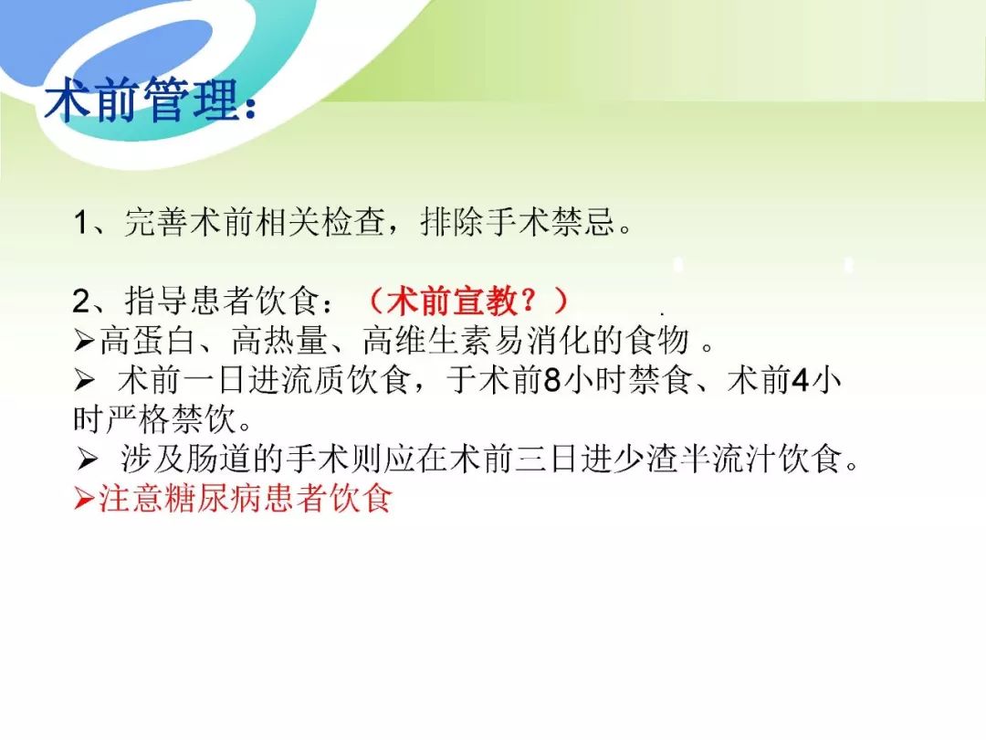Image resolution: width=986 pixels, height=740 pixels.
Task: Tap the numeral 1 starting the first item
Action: (81, 223)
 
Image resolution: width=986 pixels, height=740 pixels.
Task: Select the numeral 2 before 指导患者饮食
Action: (82, 301)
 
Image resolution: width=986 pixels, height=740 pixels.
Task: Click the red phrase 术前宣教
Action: (453, 301)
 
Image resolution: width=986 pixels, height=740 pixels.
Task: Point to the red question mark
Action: (532, 301)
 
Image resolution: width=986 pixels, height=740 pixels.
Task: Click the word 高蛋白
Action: (149, 341)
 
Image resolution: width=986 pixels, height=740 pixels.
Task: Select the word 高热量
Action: (280, 341)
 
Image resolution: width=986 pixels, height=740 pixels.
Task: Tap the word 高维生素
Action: (428, 341)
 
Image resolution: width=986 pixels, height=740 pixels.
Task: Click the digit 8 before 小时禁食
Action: (551, 380)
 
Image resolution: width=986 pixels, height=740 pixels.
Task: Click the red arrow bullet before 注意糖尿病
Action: (84, 499)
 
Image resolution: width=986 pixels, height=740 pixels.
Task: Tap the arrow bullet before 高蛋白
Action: (84, 341)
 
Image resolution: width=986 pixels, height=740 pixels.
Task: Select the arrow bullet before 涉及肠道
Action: (87, 460)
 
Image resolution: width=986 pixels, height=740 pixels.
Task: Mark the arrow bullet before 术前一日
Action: (84, 381)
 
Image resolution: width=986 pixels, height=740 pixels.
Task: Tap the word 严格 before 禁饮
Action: (138, 419)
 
